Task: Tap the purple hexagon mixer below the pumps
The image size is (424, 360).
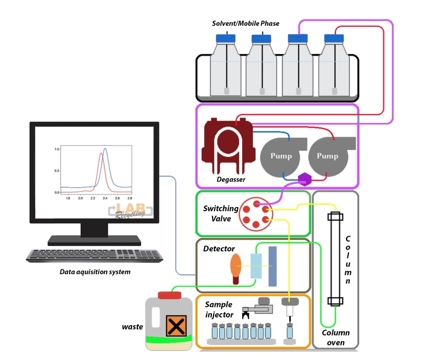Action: [304, 179]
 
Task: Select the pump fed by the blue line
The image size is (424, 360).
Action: [281, 156]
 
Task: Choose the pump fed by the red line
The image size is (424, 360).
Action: [327, 156]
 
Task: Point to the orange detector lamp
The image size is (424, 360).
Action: [236, 269]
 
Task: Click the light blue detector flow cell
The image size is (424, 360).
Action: [256, 265]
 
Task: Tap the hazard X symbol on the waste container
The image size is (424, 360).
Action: [174, 326]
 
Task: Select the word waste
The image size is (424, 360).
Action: [132, 327]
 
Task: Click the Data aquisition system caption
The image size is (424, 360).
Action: [95, 272]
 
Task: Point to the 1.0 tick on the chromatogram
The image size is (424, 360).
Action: [56, 149]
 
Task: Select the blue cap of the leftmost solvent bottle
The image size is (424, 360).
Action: [228, 38]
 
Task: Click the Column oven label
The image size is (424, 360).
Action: [335, 338]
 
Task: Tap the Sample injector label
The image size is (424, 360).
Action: [219, 310]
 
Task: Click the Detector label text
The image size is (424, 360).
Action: [219, 248]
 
